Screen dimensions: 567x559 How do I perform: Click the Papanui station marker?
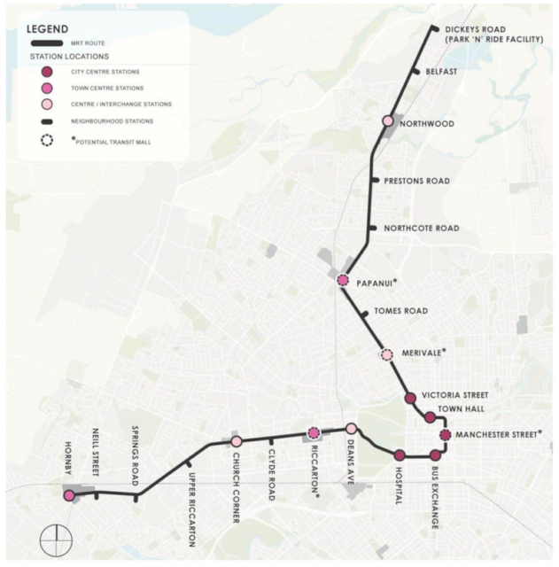(343, 281)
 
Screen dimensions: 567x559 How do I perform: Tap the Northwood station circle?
(387, 121)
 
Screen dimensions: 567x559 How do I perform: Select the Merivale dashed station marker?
(386, 355)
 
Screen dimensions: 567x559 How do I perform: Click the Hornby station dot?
(69, 495)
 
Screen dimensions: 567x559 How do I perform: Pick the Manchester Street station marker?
(445, 435)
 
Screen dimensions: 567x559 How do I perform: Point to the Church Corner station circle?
(237, 441)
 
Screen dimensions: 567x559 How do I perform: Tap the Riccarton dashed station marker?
(313, 433)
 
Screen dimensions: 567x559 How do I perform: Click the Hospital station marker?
(400, 455)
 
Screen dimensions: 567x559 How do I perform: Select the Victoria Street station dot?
(410, 399)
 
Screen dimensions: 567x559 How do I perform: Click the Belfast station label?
(440, 72)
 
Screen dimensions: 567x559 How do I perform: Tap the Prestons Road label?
(416, 182)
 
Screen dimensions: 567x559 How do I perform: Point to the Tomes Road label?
(400, 311)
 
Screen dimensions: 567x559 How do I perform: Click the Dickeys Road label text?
(475, 29)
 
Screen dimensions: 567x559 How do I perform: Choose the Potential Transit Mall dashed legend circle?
(47, 140)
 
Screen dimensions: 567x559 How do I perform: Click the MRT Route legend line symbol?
(47, 43)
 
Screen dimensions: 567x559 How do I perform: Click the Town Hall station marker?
(430, 417)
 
